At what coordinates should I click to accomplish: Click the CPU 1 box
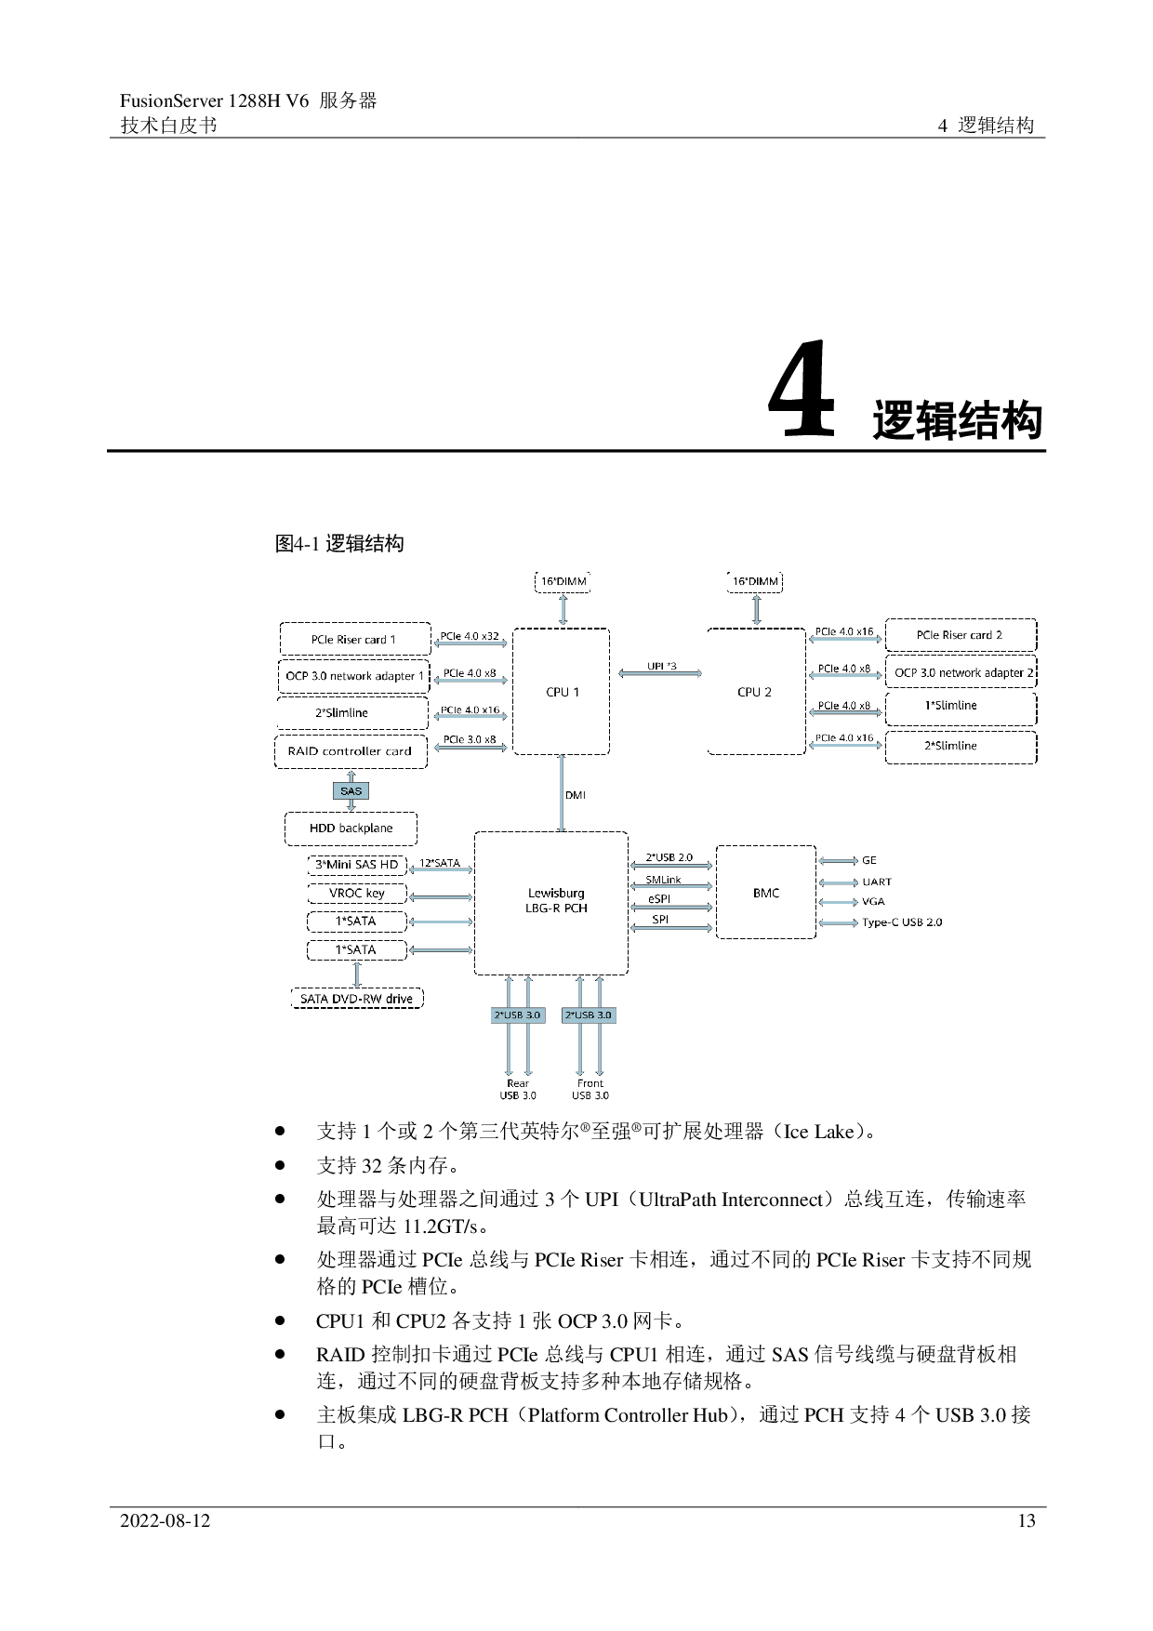[x=562, y=692]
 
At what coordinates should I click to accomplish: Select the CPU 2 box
[x=755, y=692]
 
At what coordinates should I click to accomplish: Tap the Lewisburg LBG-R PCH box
[x=551, y=901]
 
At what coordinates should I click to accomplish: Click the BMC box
[x=766, y=893]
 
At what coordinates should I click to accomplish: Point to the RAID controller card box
[x=351, y=751]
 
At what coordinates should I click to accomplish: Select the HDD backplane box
[x=351, y=829]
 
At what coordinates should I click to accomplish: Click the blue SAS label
[x=351, y=791]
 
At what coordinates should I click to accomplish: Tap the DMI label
[x=576, y=795]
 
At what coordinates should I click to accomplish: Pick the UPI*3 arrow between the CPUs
[x=660, y=671]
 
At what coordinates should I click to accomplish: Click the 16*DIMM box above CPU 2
[x=755, y=582]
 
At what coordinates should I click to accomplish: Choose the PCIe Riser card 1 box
[x=354, y=640]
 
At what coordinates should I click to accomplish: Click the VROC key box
[x=357, y=894]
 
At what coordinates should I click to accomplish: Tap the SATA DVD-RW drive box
[x=356, y=999]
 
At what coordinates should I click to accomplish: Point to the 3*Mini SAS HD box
[x=357, y=865]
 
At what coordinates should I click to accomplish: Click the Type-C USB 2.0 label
[x=902, y=922]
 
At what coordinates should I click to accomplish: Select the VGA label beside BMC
[x=873, y=901]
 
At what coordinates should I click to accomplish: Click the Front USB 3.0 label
[x=590, y=1089]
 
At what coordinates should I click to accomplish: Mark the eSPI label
[x=659, y=899]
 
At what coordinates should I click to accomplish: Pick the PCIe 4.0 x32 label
[x=470, y=636]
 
